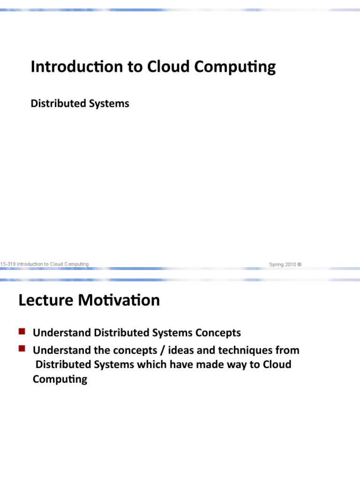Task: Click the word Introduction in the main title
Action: [70, 67]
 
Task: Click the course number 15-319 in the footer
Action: [7, 264]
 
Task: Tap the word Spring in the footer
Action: [276, 264]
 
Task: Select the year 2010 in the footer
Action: [290, 264]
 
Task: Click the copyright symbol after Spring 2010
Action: [300, 264]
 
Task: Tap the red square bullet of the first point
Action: [22, 332]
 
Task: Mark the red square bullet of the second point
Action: [22, 349]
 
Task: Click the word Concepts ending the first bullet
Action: [218, 333]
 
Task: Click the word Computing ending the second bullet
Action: [60, 380]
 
